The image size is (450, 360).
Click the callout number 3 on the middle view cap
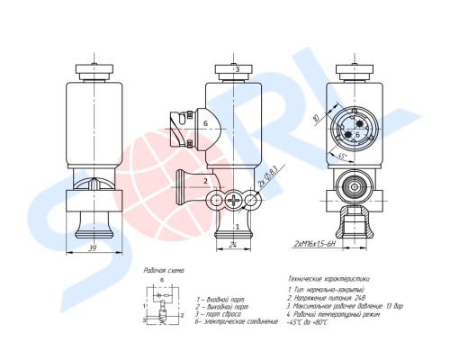click(236, 69)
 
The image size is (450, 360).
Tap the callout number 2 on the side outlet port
click(206, 180)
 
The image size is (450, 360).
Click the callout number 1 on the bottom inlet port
click(237, 214)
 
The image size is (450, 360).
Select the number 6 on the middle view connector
click(205, 123)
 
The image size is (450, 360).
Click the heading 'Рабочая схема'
click(165, 270)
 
